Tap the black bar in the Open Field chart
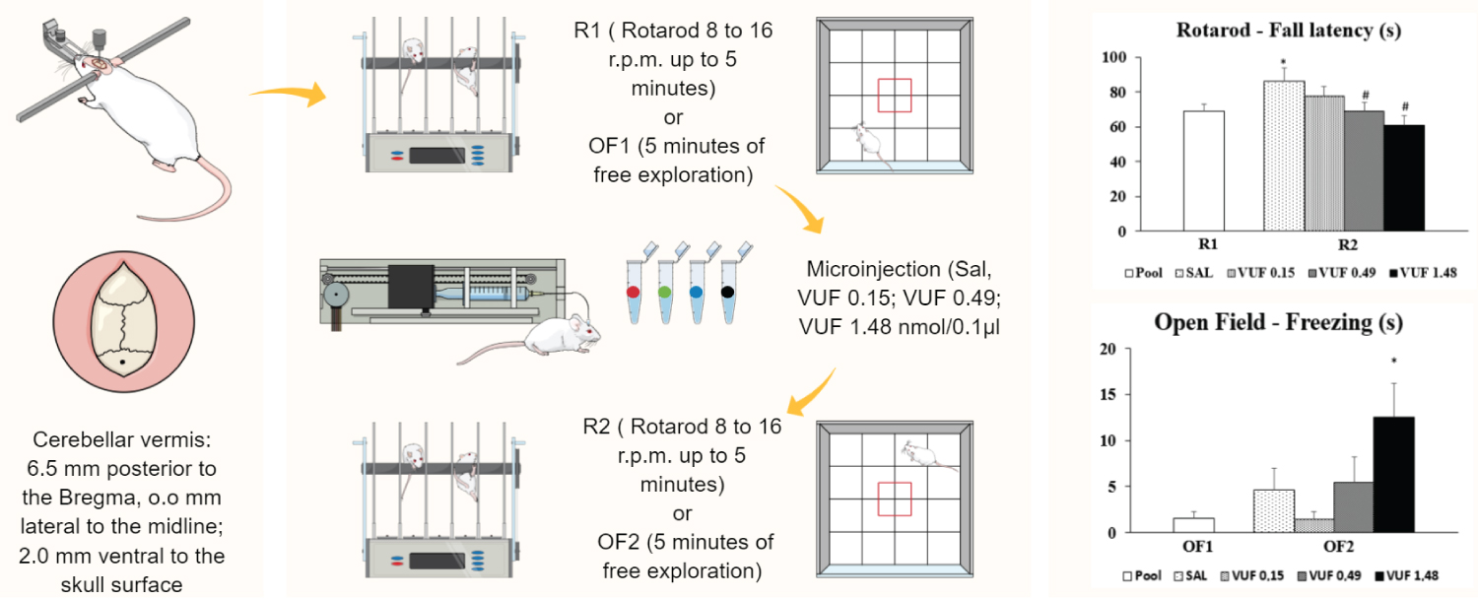click(1393, 474)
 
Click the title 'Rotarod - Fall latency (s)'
click(1288, 31)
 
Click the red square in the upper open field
click(894, 96)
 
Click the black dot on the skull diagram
click(120, 364)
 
